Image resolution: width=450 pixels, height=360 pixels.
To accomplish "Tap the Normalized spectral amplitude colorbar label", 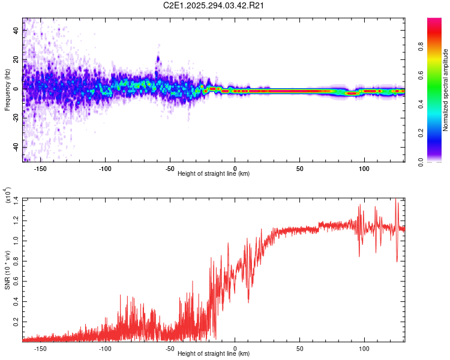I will (446, 91).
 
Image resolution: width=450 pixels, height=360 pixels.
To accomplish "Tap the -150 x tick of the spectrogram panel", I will (41, 169).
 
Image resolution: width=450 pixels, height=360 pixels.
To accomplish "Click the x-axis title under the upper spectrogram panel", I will (214, 174).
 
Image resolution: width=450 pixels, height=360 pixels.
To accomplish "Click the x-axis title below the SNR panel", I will (214, 354).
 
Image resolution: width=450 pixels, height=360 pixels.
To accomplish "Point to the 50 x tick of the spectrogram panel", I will (299, 169).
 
